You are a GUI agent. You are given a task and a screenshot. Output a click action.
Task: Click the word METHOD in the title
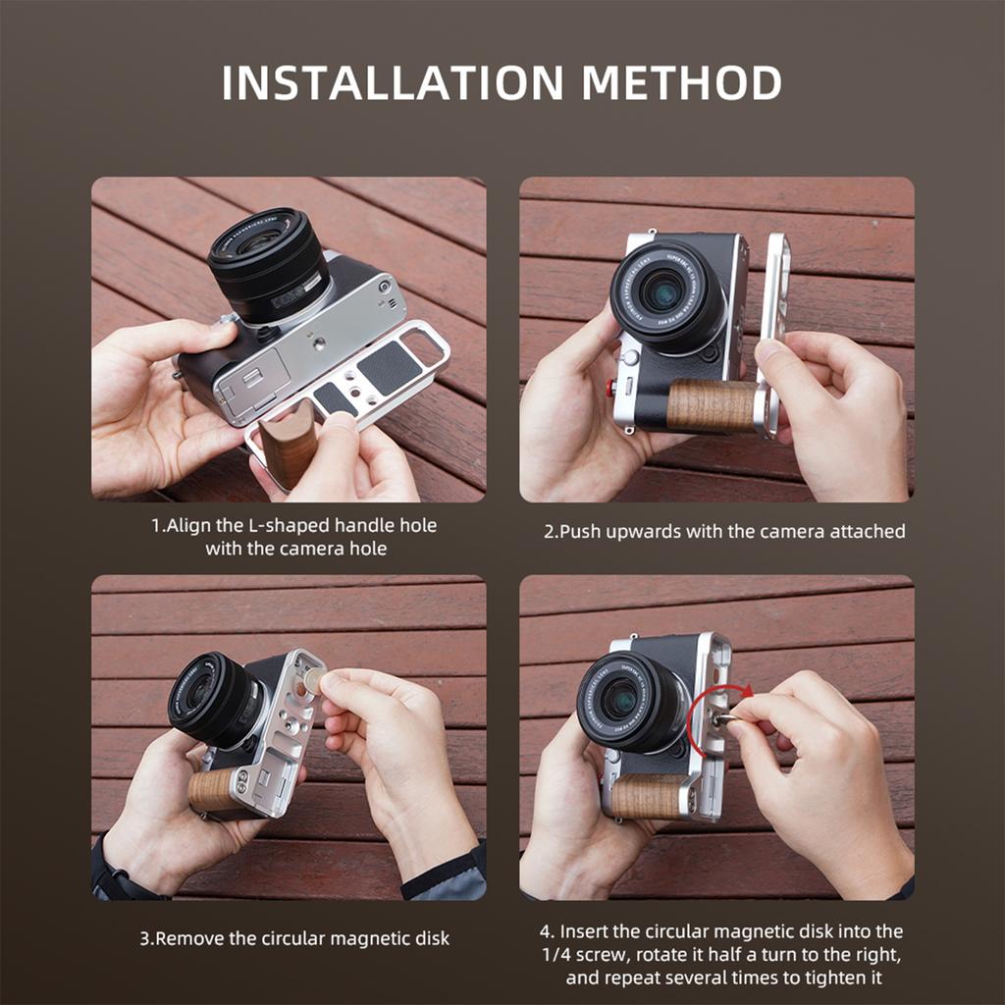pos(681,82)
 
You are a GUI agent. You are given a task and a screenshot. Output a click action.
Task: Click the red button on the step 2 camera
pos(609,387)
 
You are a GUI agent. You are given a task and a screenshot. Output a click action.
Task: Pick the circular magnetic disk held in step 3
pos(312,681)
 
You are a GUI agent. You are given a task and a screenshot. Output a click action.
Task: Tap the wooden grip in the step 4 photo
pos(646,795)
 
